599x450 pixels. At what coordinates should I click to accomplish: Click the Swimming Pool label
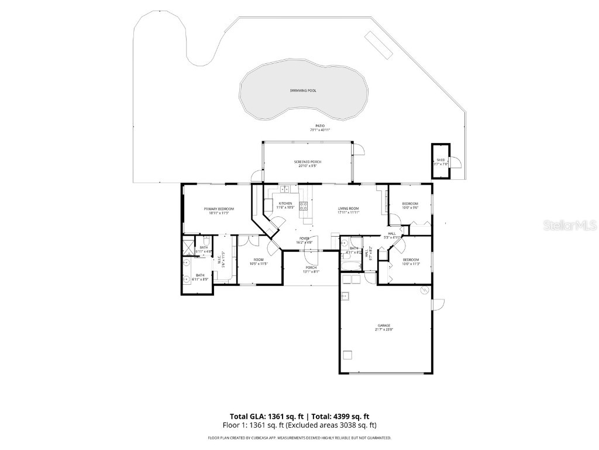click(304, 91)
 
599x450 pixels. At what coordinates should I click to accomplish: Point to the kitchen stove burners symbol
click(304, 205)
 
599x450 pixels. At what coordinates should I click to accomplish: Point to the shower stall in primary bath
click(188, 247)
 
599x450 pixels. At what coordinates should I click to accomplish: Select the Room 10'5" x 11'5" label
click(259, 262)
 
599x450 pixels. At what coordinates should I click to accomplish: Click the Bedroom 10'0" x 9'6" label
click(410, 205)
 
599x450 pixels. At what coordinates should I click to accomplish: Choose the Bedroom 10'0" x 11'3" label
click(410, 261)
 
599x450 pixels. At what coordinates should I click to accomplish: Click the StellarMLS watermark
click(562, 225)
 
